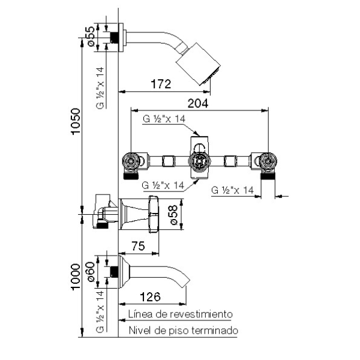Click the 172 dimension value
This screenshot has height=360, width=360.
point(161,84)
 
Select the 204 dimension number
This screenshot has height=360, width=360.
point(199,103)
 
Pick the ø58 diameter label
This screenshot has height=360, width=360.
point(173,214)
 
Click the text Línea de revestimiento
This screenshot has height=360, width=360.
point(179,314)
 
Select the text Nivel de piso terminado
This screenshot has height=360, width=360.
point(183,331)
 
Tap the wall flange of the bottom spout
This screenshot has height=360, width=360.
point(122,273)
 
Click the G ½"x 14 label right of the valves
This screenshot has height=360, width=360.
point(234,190)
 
